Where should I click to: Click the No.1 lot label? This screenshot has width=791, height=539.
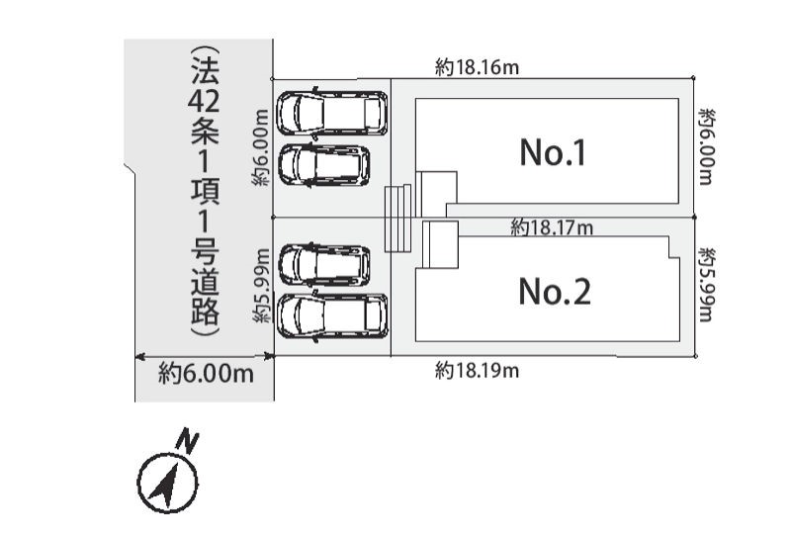pos(553,152)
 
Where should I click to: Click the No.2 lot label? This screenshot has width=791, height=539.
pos(555,292)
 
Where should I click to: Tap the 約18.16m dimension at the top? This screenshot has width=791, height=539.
pos(478,67)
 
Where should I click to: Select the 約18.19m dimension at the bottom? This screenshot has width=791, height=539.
pos(478,371)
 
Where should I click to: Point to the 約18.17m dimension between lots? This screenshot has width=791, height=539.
pos(552,227)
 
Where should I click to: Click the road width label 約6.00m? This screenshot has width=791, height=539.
pos(206,374)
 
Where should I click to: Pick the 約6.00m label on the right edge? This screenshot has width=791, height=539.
pos(706,146)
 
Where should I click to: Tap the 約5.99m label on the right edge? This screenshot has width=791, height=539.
pos(706,285)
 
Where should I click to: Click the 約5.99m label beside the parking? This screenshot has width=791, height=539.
pos(261,285)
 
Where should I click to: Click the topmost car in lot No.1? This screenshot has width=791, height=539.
pos(333,113)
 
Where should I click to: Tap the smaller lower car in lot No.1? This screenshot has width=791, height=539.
pos(324,165)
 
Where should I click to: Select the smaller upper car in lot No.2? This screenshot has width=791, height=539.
pos(324,264)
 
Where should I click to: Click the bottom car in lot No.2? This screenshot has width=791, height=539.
pos(333,316)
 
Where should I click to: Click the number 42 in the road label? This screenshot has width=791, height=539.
pos(205,100)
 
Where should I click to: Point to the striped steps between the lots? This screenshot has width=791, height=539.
pos(398,218)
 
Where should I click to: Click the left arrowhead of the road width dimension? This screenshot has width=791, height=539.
pos(139,357)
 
